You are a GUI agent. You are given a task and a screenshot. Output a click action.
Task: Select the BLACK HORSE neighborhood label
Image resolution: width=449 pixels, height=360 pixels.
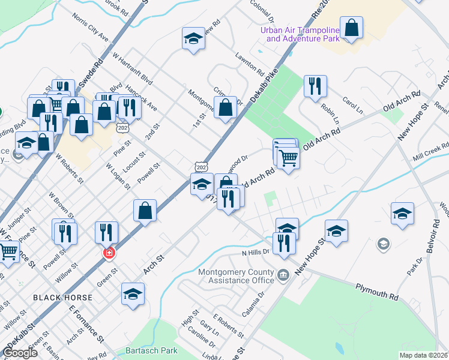click(62, 298)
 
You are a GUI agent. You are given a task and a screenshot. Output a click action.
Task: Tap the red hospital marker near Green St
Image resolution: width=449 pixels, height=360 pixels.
click(109, 253)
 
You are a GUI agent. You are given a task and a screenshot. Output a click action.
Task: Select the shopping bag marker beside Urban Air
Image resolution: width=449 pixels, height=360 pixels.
click(352, 28)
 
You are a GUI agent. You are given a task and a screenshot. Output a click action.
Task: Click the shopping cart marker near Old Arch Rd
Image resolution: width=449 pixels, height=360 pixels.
click(288, 158)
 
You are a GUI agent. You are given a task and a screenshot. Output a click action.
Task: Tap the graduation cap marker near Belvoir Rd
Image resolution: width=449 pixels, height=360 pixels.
click(402, 213)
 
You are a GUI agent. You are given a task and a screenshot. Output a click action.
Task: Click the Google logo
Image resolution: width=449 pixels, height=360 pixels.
click(20, 353)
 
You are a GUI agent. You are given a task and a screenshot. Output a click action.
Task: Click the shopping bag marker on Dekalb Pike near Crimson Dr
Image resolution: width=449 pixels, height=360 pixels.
click(226, 108)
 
